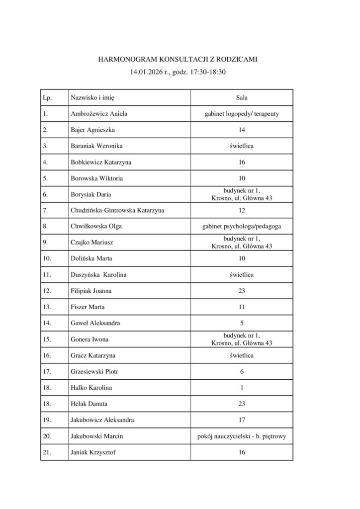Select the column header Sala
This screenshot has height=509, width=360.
point(242,98)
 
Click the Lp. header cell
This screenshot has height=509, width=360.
point(48,98)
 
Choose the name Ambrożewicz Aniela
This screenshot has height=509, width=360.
point(99,114)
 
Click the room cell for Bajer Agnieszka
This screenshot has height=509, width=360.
point(242,130)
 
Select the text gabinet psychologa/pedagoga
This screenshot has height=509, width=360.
point(242,227)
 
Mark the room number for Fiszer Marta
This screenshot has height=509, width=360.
point(242,307)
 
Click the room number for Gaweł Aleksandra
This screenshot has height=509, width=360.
point(242,323)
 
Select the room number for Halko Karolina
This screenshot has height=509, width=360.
point(242,388)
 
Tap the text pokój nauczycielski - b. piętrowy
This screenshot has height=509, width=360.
point(242,436)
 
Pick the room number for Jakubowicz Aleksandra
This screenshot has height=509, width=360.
point(242,420)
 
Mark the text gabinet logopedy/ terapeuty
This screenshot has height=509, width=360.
point(242,114)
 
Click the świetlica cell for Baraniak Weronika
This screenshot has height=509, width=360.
point(242,146)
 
